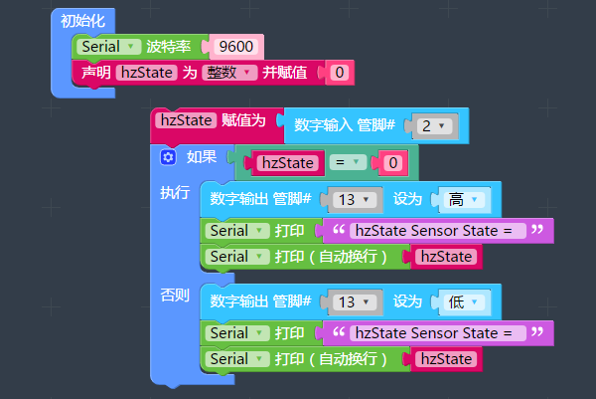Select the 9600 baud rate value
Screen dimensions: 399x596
pos(235,46)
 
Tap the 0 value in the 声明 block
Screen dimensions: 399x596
pos(339,72)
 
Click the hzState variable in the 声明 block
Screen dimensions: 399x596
pos(144,72)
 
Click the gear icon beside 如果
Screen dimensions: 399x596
pos(168,158)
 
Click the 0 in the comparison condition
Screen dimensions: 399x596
pos(393,162)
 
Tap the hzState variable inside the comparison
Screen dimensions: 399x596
pos(286,162)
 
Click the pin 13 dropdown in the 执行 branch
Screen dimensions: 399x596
pos(355,199)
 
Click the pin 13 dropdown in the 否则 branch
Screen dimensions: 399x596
pos(355,300)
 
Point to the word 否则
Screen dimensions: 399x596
pos(175,296)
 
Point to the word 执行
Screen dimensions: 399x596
pos(175,192)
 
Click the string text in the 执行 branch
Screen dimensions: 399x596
pos(433,231)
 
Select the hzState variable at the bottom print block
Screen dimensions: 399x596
pos(444,358)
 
